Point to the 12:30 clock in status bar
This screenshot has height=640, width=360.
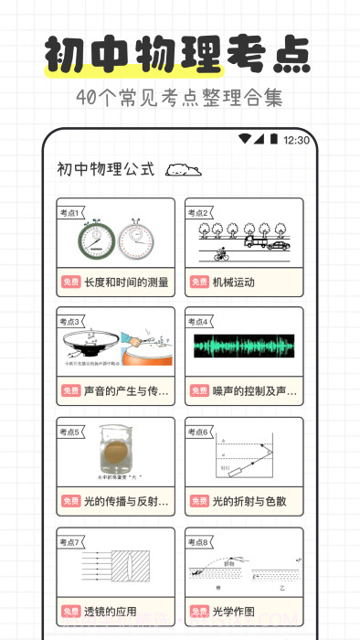297,141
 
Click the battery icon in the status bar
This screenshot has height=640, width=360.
273,140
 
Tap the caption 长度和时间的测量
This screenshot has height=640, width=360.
126,283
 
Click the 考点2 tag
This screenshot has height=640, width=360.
199,212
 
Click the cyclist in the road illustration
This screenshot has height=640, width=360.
220,255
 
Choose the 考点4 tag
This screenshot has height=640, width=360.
199,322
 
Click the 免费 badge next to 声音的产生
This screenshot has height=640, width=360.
71,392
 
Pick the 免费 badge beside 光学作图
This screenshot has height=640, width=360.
199,612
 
